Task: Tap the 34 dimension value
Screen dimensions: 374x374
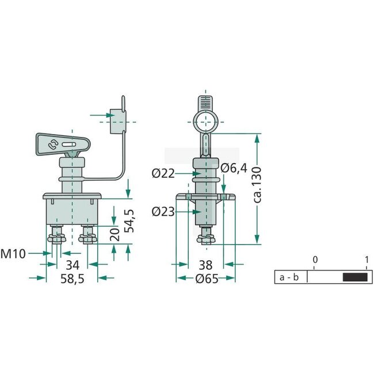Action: [72, 265]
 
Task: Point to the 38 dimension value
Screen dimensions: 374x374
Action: [205, 265]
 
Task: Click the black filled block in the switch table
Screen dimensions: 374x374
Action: [354, 277]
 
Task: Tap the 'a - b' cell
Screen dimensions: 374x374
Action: [289, 277]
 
